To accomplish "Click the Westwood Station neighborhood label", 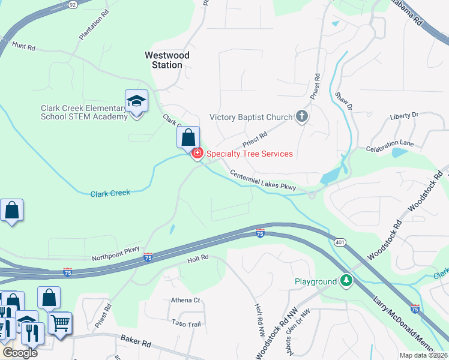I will [167, 60].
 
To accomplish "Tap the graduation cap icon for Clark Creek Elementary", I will [136, 101].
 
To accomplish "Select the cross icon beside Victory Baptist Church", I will [301, 117].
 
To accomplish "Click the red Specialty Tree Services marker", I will [196, 154].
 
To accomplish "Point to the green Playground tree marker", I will [346, 281].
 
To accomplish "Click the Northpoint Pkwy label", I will [115, 254].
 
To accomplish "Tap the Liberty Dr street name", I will [403, 116].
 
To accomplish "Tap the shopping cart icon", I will [60, 323].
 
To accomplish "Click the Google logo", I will [19, 353].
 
